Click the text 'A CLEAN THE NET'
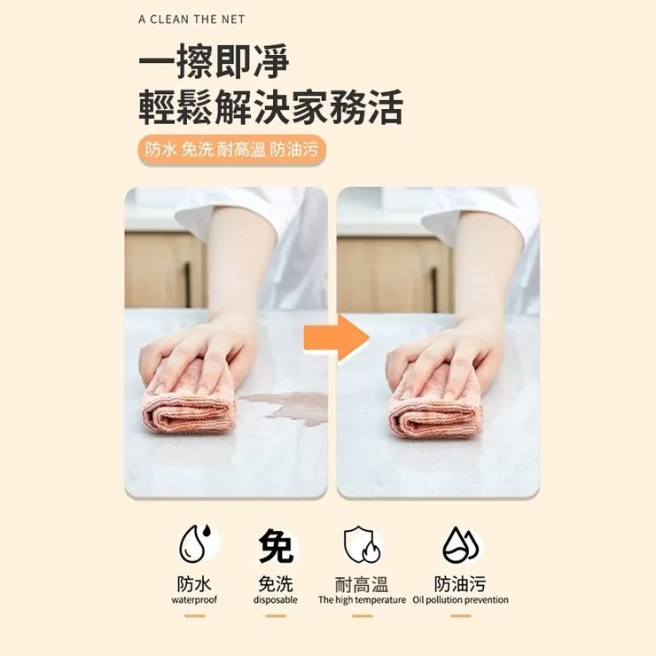coord(191,19)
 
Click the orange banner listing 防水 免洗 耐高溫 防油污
coord(232,150)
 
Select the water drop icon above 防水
coord(194,545)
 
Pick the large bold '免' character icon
coord(276,545)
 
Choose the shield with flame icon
coord(362,545)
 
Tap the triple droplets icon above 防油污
coord(460,545)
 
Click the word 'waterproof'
coord(194,600)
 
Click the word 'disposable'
coord(276,600)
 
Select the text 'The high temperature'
coord(362,600)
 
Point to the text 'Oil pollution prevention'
coord(460,600)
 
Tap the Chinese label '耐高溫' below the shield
coord(362,584)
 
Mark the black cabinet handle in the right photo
coord(434,282)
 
